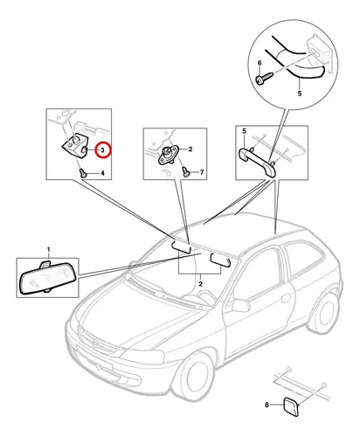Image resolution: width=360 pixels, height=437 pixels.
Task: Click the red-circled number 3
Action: [x=103, y=150]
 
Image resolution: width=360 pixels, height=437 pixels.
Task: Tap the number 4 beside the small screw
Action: [x=102, y=173]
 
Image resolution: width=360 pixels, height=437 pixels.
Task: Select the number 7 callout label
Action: [x=202, y=172]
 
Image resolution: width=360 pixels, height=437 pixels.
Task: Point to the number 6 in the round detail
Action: [x=260, y=63]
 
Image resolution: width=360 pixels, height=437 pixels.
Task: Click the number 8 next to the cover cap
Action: [x=267, y=405]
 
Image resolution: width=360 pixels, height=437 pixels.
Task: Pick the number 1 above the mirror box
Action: [x=49, y=250]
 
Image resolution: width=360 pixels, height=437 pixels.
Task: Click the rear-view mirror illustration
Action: [x=48, y=278]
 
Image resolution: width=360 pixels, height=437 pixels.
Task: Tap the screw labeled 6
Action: [x=264, y=79]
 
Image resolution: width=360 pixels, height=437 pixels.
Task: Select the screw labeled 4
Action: [x=83, y=173]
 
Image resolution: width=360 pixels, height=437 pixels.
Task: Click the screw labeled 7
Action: [x=186, y=171]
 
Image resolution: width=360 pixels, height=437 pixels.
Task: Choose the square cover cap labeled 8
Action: [x=291, y=406]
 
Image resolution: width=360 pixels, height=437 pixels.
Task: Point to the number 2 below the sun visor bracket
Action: [x=201, y=284]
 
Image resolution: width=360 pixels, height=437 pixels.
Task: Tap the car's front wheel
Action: [x=194, y=377]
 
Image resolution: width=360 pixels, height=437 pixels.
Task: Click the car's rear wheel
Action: [x=323, y=313]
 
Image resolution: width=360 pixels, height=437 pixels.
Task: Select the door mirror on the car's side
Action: [x=241, y=305]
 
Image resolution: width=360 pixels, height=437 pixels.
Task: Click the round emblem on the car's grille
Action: [x=96, y=343]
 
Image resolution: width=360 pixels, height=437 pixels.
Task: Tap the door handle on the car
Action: [x=286, y=298]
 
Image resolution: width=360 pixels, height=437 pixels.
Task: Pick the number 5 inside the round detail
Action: [x=300, y=94]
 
